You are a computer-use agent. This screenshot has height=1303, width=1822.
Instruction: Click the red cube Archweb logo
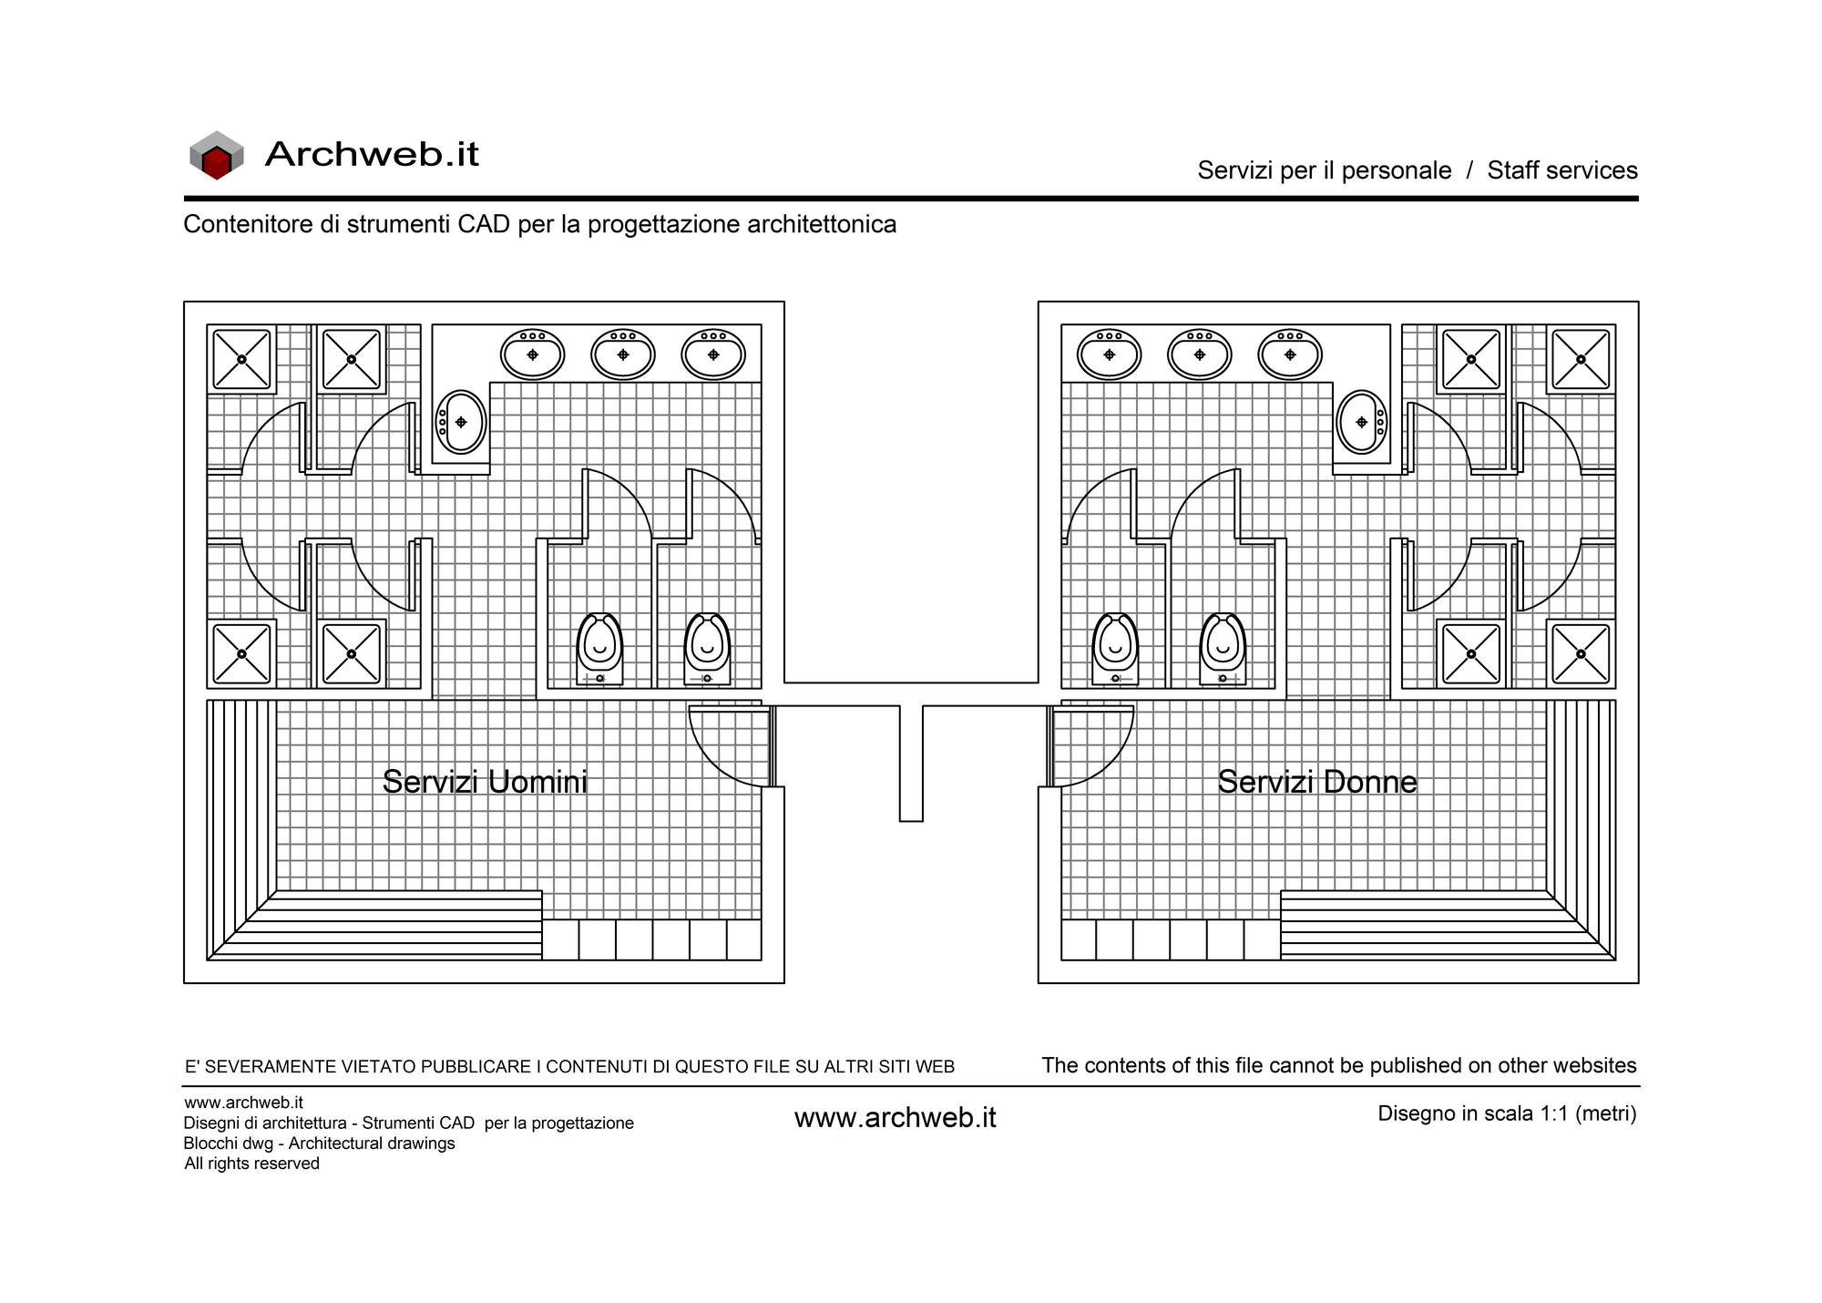pyautogui.click(x=216, y=155)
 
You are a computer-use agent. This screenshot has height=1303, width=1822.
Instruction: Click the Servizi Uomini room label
pyautogui.click(x=485, y=782)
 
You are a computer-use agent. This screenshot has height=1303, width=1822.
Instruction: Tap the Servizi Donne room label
pyautogui.click(x=1317, y=782)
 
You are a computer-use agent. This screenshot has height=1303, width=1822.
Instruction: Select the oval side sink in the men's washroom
pyautogui.click(x=461, y=422)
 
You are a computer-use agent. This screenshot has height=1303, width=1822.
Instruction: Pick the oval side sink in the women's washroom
pyautogui.click(x=1361, y=422)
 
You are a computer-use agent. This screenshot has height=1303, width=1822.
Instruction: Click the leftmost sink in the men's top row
pyautogui.click(x=532, y=354)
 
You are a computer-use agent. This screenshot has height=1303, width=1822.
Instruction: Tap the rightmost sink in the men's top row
pyautogui.click(x=713, y=354)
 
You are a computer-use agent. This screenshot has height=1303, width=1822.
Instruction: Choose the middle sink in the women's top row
pyautogui.click(x=1199, y=354)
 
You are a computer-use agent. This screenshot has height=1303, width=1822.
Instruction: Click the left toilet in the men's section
pyautogui.click(x=599, y=649)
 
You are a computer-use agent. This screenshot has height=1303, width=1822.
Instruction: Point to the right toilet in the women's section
pyautogui.click(x=1223, y=649)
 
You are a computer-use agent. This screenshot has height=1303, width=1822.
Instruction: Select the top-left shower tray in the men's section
pyautogui.click(x=241, y=359)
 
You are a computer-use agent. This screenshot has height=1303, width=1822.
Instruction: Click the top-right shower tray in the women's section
pyautogui.click(x=1581, y=359)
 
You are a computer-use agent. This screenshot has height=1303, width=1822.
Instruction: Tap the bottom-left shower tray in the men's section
pyautogui.click(x=241, y=653)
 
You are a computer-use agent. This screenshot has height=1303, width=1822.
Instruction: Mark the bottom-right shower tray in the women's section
pyautogui.click(x=1581, y=653)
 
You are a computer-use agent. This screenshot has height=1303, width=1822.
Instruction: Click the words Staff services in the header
pyautogui.click(x=1562, y=170)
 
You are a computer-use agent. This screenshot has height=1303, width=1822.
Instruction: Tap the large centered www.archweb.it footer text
pyautogui.click(x=896, y=1118)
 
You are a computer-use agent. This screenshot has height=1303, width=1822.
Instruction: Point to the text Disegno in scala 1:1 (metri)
pyautogui.click(x=1507, y=1113)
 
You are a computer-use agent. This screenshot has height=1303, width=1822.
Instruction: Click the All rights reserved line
pyautogui.click(x=252, y=1164)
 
